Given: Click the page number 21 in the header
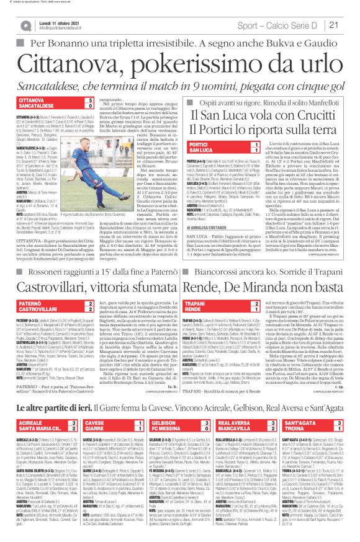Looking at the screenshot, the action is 349,24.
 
